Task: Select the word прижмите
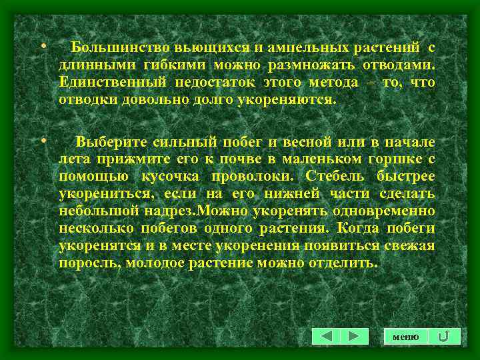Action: click(125, 159)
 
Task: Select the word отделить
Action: click(353, 263)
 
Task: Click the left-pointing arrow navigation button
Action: click(327, 336)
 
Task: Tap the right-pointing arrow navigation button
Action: click(355, 336)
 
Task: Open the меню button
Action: click(406, 337)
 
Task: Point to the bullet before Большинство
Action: click(43, 47)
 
